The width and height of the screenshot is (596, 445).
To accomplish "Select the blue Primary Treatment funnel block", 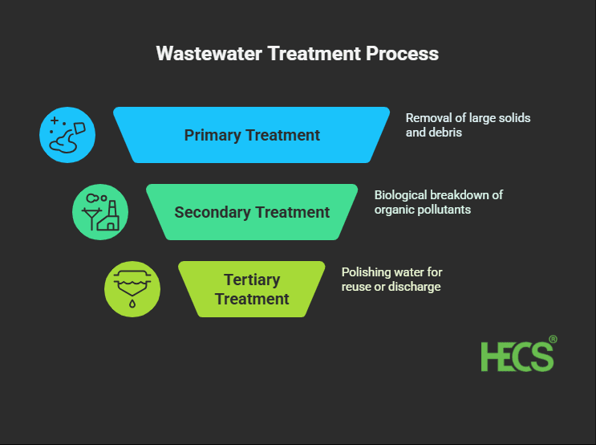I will pos(252,135).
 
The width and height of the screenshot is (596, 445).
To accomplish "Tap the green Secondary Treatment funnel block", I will pos(252,212).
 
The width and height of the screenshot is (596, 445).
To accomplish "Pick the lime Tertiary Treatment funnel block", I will pos(252,289).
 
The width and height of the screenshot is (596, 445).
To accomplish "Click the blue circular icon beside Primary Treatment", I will pos(67,135).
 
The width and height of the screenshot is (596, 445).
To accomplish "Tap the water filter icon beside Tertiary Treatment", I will pos(132,289).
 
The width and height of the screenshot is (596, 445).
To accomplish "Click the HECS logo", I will pos(517,356).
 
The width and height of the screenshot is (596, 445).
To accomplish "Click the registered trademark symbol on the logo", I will pos(553,340).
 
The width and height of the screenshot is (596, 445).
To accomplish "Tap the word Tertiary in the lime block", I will pos(252,280).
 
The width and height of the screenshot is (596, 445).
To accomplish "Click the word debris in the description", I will pos(447,133).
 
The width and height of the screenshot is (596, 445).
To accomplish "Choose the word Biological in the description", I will pos(402,195).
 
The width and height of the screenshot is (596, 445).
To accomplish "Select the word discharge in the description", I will pos(415,287).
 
